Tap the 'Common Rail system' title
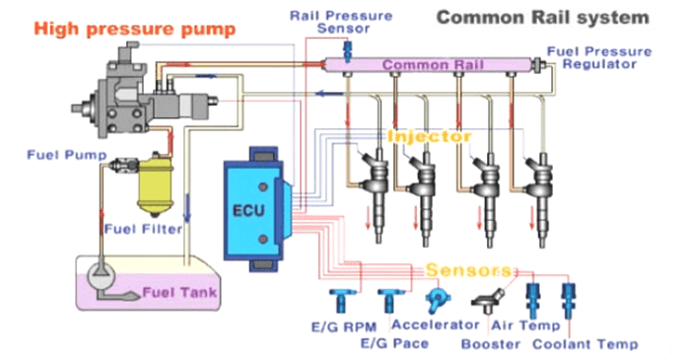click(x=543, y=17)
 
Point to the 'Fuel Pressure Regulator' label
click(x=599, y=57)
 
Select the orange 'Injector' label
click(x=430, y=136)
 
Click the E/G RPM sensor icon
click(x=337, y=297)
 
